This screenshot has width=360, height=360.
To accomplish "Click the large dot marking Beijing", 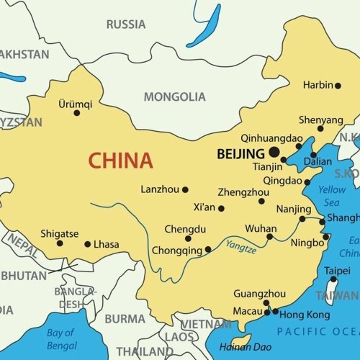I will coord(274,152).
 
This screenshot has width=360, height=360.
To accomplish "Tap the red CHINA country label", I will coord(121,160).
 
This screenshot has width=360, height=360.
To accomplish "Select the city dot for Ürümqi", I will coord(77,112).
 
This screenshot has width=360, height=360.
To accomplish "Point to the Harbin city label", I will coord(318,85).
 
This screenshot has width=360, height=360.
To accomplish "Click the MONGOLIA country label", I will coord(174,96).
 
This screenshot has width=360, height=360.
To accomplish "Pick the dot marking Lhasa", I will coord(88,244).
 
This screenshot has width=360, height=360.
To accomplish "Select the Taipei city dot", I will coord(333,279).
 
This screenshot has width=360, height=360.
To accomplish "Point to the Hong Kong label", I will coord(305,315).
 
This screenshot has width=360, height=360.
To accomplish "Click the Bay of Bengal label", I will coord(61,338).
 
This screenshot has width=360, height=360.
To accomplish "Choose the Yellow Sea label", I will coord(332,196).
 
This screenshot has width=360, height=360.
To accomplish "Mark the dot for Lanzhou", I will coord(185,190).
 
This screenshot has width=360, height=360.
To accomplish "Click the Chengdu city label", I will coord(185,229).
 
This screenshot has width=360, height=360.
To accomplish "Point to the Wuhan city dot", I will coord(270,236).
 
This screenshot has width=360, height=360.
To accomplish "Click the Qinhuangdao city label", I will coord(271,137).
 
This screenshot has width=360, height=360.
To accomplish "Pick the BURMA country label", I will coord(125,318).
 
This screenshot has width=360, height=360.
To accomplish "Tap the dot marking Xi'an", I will coord(221,209).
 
